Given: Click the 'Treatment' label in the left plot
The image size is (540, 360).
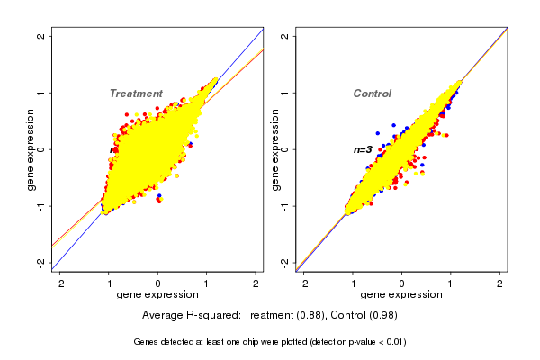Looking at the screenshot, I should coord(136,94).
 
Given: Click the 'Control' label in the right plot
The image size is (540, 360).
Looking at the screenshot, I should coord(372,94).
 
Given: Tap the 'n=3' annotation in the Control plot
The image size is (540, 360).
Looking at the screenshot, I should coord(363,149).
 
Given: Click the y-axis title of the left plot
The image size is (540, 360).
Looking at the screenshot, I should coord(31,149).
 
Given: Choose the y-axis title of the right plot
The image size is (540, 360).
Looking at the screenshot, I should coord(275,149).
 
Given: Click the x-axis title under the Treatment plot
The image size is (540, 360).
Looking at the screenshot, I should coord(157,295).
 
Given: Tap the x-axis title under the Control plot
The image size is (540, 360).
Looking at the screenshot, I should coord(402,295).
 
